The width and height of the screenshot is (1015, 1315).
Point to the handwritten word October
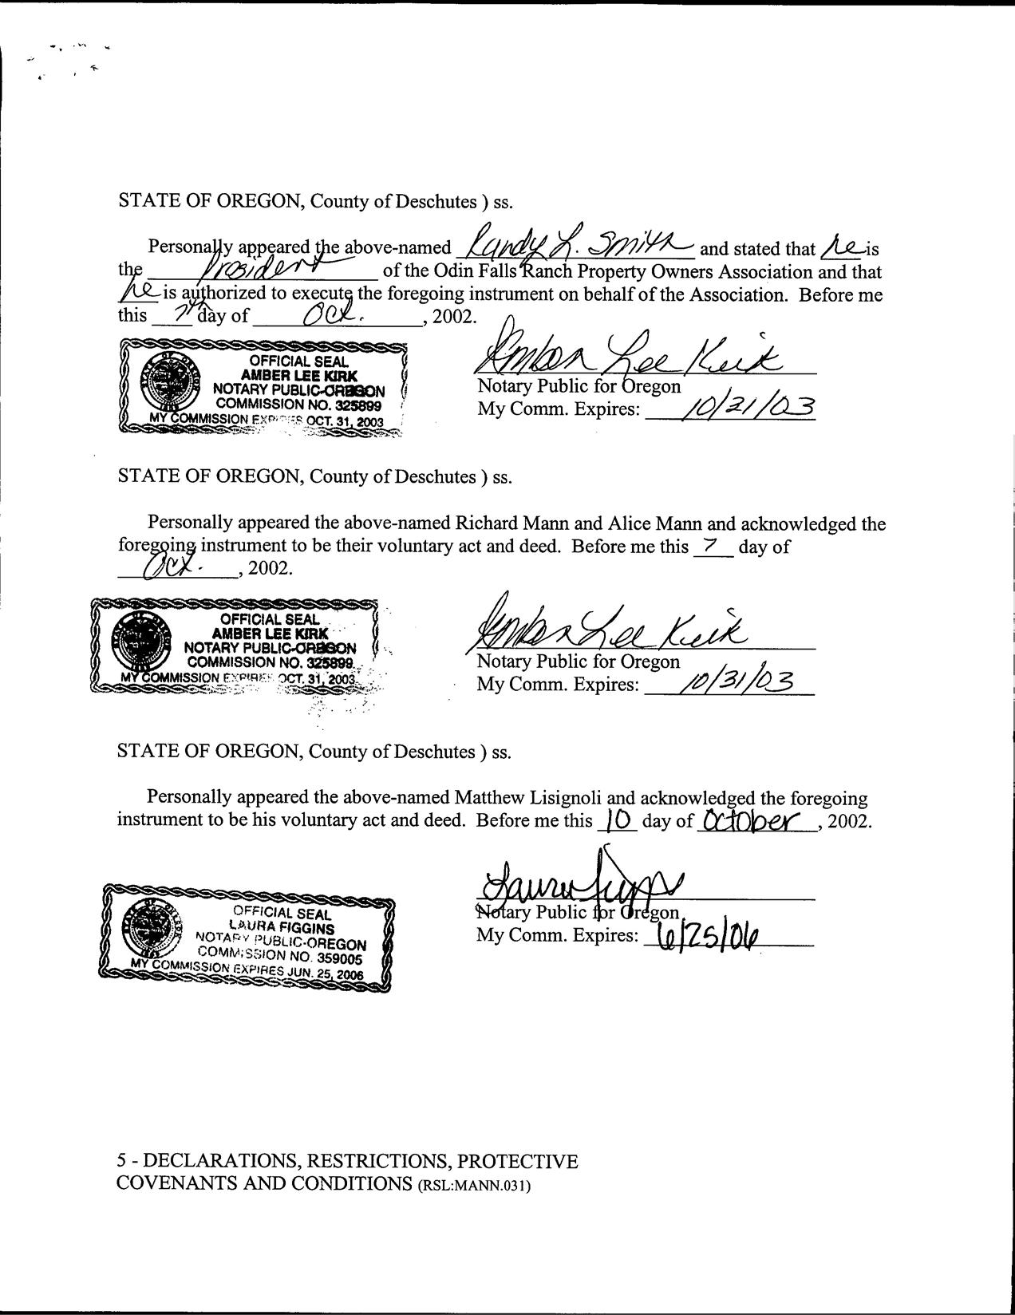(x=754, y=820)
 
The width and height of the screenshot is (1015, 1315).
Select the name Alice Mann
(x=656, y=524)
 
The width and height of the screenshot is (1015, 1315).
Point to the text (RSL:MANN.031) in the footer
(x=474, y=1185)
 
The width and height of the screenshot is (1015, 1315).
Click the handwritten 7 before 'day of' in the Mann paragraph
(x=705, y=547)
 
